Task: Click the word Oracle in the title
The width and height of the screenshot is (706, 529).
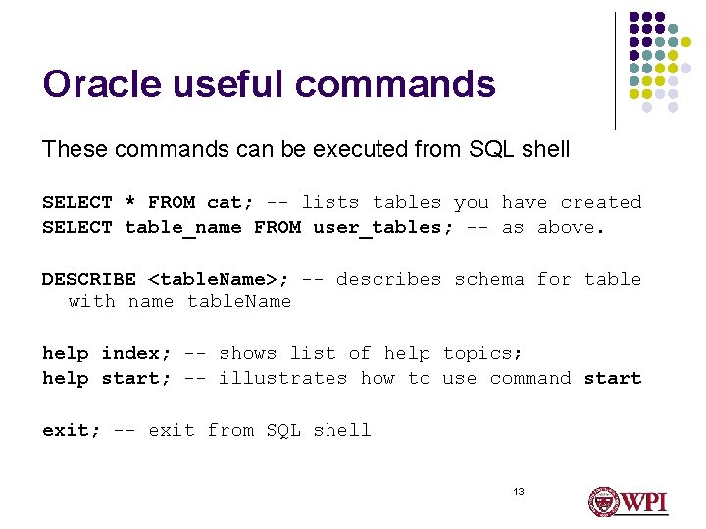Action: point(100,84)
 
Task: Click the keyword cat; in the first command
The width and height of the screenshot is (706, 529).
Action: point(230,203)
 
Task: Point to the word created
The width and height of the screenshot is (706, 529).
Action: point(600,203)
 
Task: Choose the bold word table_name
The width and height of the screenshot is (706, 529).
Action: point(183,228)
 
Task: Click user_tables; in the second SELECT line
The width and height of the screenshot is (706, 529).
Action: point(378,228)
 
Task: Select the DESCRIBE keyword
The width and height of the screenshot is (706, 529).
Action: point(89,280)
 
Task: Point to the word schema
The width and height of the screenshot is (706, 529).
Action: point(489,280)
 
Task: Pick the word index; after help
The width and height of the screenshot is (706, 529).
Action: point(136,353)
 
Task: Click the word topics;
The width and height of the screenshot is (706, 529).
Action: point(482,353)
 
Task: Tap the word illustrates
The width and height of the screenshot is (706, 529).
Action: point(283,378)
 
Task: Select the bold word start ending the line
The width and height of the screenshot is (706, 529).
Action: point(613,378)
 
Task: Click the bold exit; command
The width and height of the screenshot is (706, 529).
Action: point(72,430)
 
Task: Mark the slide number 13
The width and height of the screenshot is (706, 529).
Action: point(518,491)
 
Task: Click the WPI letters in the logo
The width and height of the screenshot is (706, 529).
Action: point(644,503)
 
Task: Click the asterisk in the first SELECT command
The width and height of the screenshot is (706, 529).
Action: point(130,203)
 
